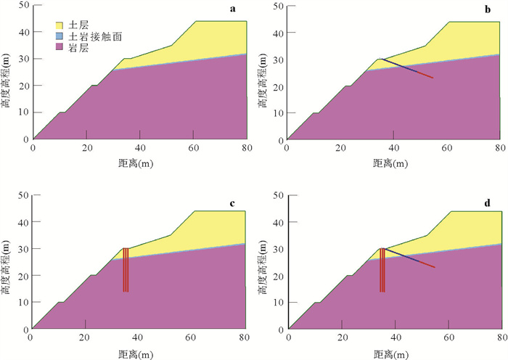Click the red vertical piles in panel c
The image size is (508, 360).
pos(126,270)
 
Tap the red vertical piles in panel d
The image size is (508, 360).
pos(382,270)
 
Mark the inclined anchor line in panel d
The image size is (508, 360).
pos(410,258)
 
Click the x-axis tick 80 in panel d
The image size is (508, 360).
pos(500,336)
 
